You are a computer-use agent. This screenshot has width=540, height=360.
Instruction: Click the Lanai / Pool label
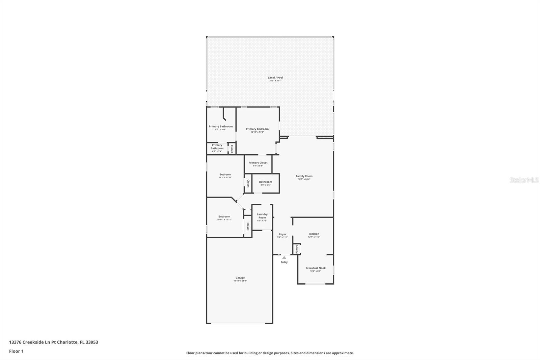(275, 78)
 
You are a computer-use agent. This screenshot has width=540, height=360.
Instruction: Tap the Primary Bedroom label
(257, 129)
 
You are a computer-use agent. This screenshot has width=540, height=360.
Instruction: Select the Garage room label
(240, 278)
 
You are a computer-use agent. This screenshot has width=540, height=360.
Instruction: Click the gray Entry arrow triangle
(284, 257)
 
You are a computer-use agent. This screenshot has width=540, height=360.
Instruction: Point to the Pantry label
(297, 249)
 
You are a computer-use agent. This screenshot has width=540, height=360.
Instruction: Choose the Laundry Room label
(262, 216)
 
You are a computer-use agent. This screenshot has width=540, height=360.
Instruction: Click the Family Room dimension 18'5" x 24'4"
(304, 179)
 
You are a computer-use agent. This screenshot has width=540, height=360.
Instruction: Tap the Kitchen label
(314, 234)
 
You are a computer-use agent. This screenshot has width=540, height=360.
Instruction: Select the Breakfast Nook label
(316, 268)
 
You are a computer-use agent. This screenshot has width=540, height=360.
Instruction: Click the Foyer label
(282, 234)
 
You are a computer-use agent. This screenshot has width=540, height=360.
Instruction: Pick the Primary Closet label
(258, 163)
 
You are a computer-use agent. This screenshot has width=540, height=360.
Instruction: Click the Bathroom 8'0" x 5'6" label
(265, 182)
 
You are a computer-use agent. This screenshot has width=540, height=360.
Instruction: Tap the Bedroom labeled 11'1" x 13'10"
(225, 175)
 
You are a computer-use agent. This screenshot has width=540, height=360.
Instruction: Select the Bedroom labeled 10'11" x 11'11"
(224, 217)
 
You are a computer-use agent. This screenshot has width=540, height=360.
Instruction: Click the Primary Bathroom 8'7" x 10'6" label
(220, 127)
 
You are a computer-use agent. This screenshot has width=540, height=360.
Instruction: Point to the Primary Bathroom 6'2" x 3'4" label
(217, 147)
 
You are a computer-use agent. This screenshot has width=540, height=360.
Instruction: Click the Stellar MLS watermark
(524, 180)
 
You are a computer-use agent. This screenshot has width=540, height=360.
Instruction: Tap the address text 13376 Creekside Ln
(30, 342)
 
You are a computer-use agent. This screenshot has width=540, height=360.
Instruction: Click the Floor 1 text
(16, 351)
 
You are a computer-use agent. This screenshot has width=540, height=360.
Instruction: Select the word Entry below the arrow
(284, 262)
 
